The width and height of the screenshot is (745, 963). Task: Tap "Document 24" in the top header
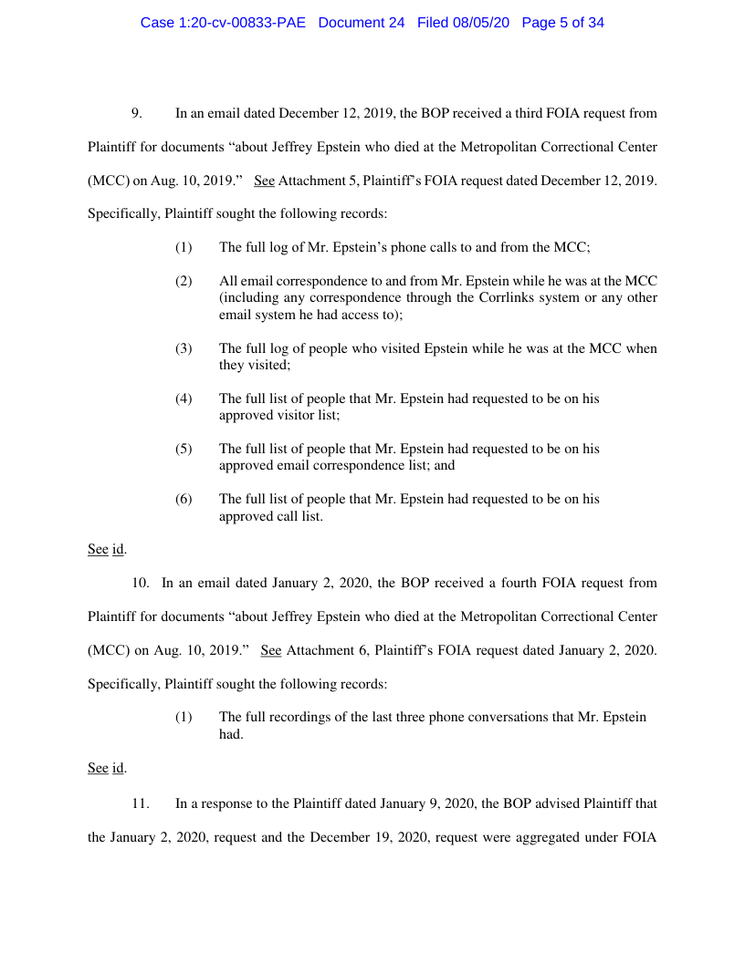[362, 23]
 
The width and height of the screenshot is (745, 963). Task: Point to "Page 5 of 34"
[563, 23]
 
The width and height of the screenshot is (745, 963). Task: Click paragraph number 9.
[137, 114]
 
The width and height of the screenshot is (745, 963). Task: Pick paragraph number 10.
[141, 583]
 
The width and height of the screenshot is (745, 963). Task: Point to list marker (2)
[184, 281]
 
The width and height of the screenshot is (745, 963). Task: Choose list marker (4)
[184, 399]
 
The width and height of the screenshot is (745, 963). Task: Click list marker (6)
[184, 499]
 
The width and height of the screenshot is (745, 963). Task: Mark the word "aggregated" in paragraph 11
[541, 837]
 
